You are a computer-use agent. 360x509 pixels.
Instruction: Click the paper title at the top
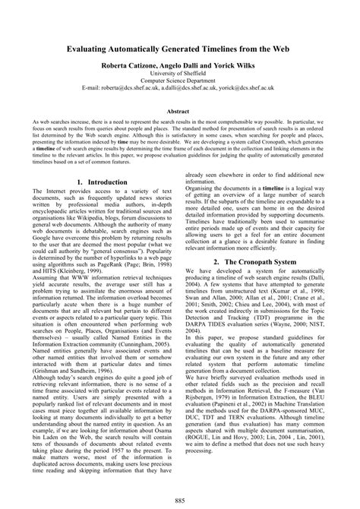180,48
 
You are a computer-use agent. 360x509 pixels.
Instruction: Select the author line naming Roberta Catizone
180,66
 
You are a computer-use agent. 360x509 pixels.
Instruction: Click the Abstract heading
180,110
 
